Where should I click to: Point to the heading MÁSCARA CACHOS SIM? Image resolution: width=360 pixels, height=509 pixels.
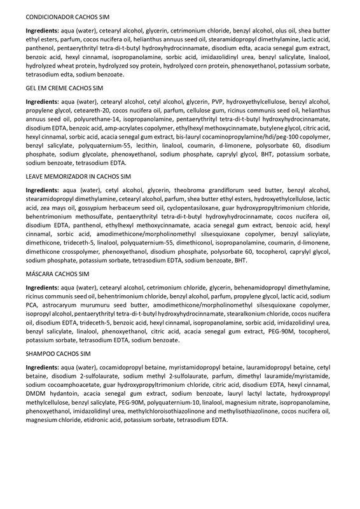click(58, 274)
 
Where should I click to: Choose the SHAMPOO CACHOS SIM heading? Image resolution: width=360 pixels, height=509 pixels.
click(59, 353)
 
